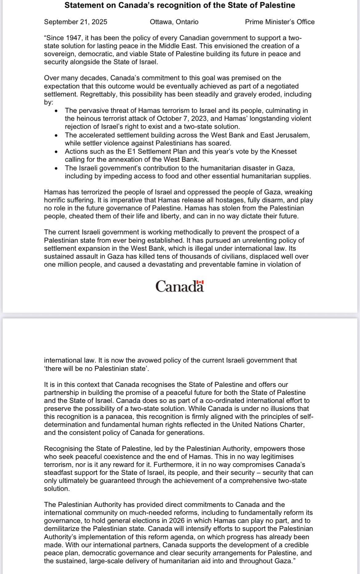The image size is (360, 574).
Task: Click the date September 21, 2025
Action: click(75, 22)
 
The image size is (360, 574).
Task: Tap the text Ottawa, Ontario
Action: click(174, 22)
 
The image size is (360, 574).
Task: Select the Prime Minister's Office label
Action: click(280, 22)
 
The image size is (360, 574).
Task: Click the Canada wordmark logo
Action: click(180, 286)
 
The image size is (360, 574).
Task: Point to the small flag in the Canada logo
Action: click(200, 282)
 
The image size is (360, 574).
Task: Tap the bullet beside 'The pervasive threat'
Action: click(56, 111)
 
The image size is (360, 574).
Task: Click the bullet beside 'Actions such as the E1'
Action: click(56, 152)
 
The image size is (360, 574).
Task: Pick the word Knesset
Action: click(285, 151)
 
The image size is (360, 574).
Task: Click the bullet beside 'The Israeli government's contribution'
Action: click(56, 169)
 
